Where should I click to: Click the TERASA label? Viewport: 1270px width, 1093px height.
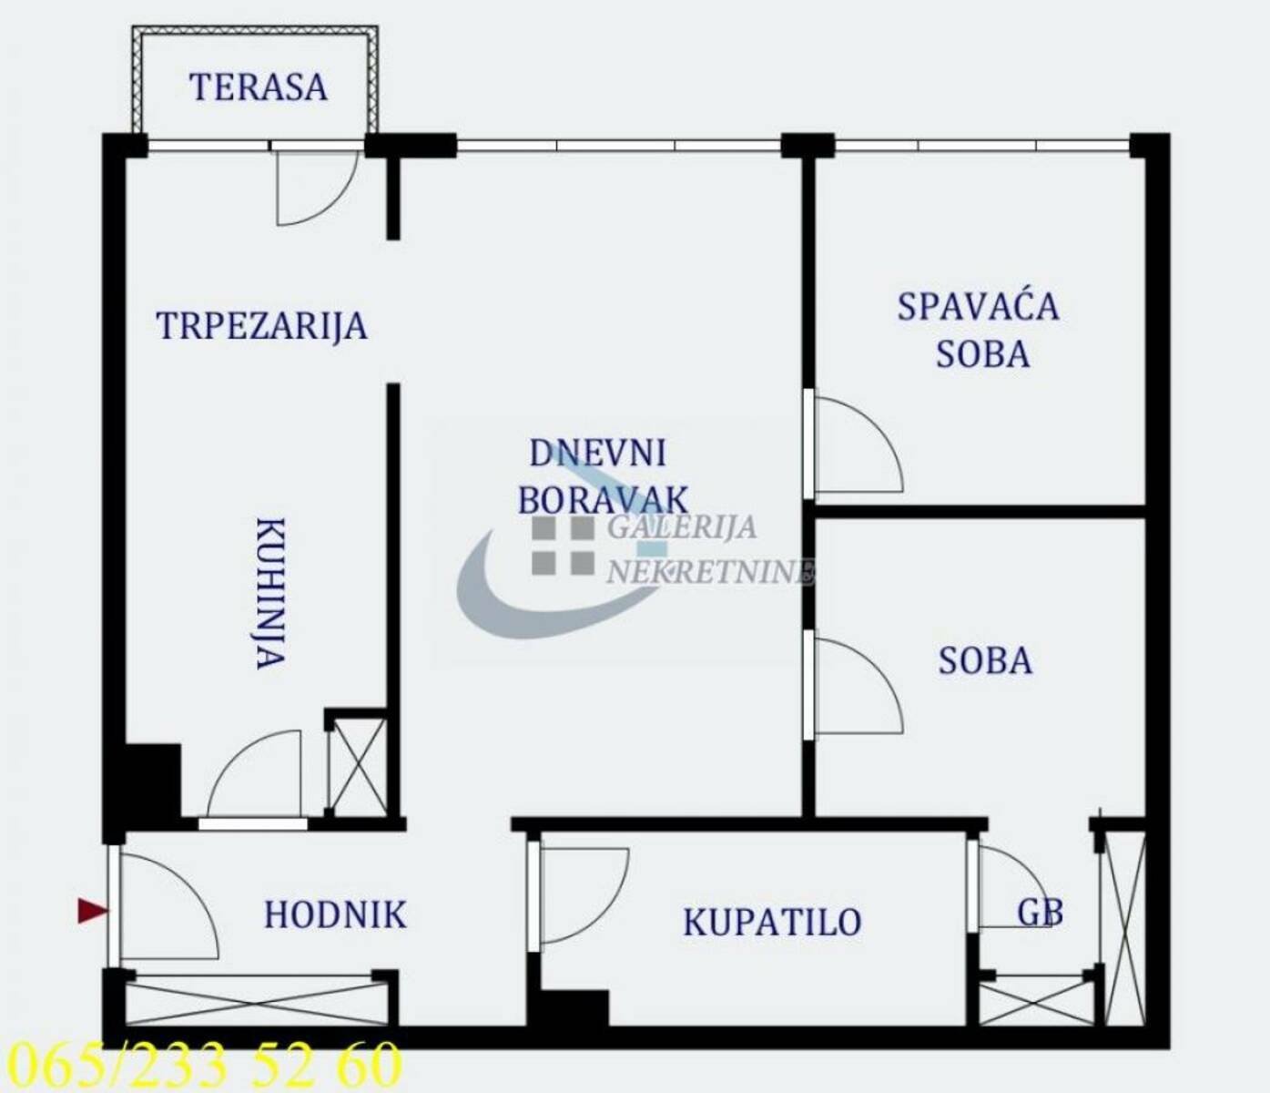coord(258,87)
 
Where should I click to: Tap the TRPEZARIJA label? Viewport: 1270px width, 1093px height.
coord(262,325)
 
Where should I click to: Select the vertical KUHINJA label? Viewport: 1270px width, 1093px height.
coord(270,593)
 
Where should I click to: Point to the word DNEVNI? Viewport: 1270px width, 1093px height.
coord(598,453)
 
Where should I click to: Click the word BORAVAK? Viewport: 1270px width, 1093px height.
coord(604,499)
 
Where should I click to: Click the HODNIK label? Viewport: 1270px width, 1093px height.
coord(335,914)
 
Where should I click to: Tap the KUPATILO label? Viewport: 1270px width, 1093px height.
coord(772,922)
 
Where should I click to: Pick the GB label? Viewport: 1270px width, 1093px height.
coord(1041,913)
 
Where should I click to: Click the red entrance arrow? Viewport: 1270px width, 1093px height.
coord(93,911)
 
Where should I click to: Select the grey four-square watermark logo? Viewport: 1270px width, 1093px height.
coord(563,546)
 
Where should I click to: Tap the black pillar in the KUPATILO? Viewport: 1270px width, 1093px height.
coord(574,1007)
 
